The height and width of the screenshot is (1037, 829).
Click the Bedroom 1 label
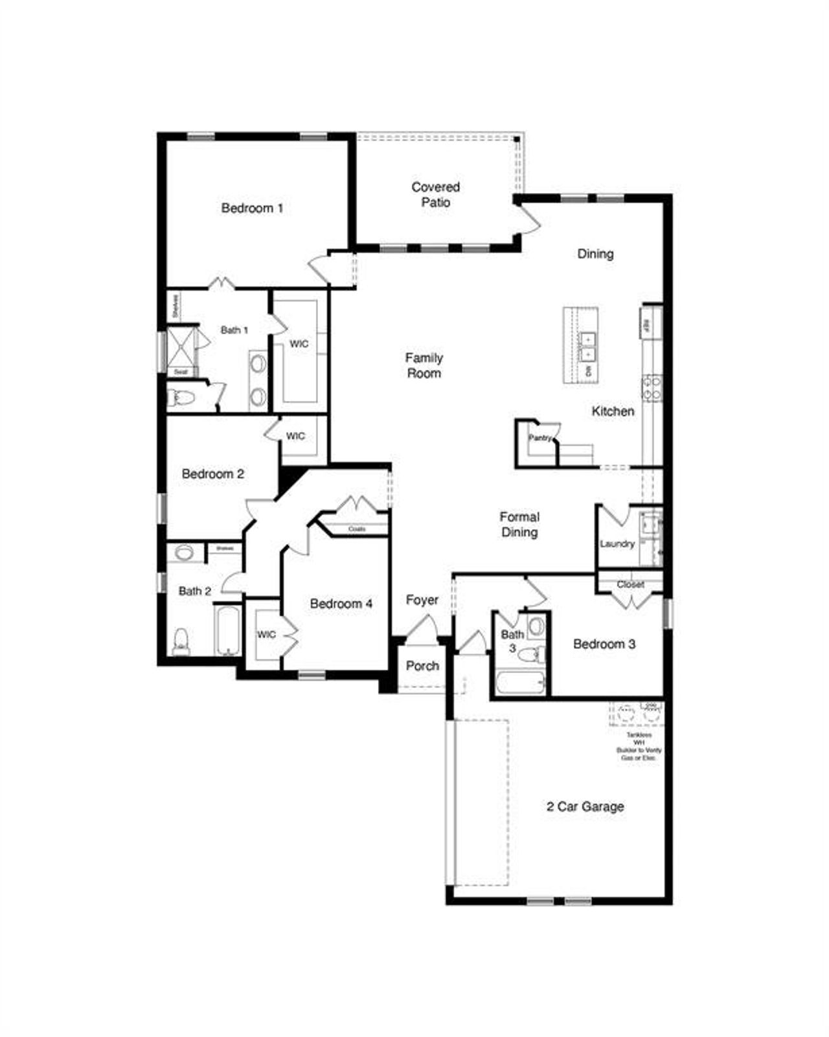(252, 208)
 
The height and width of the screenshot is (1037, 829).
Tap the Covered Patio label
(436, 194)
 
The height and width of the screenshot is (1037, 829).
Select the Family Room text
(424, 365)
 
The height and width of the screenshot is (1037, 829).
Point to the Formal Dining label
(519, 525)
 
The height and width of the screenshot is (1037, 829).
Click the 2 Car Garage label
(585, 806)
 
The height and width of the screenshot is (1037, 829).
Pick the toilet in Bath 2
(181, 641)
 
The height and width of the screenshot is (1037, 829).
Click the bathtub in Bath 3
(521, 683)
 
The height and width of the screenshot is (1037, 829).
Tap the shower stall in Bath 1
(181, 348)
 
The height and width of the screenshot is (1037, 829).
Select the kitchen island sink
(588, 347)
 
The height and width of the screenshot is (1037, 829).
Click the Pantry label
(539, 438)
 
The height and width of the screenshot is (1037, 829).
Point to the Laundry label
(617, 543)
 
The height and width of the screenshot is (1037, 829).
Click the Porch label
(422, 666)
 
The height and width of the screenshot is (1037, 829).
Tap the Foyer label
(422, 600)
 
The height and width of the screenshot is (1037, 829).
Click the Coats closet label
(357, 529)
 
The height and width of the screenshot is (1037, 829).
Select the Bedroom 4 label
(341, 604)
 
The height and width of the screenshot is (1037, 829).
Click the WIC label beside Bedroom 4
(266, 634)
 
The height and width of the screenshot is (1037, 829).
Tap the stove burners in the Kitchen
(652, 387)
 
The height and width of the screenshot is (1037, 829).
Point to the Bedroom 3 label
(604, 644)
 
